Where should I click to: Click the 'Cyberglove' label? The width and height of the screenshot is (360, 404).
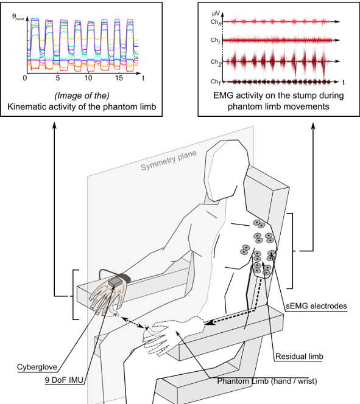[37, 367]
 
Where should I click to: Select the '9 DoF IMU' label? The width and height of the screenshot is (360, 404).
[64, 380]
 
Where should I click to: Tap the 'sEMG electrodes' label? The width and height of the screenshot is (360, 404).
[316, 306]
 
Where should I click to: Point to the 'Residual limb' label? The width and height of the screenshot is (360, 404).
[299, 357]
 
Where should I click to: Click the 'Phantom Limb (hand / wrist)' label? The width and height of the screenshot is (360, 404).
[267, 381]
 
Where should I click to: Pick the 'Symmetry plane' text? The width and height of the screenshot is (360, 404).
[169, 160]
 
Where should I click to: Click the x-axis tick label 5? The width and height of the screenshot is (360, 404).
[57, 78]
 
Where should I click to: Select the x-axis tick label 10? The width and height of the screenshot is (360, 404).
[88, 78]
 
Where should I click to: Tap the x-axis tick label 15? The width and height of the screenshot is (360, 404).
[119, 78]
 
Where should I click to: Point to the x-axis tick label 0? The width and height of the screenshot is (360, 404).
[25, 78]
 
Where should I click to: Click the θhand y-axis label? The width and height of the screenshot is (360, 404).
[18, 17]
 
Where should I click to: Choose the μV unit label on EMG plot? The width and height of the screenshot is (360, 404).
[216, 13]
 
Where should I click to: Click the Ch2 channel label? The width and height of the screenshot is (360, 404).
[216, 62]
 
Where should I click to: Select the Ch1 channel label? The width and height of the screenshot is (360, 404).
[216, 82]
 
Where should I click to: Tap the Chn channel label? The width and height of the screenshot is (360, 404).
[216, 22]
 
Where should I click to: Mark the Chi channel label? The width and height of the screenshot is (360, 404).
[215, 40]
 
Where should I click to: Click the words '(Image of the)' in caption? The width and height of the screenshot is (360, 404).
[82, 96]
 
